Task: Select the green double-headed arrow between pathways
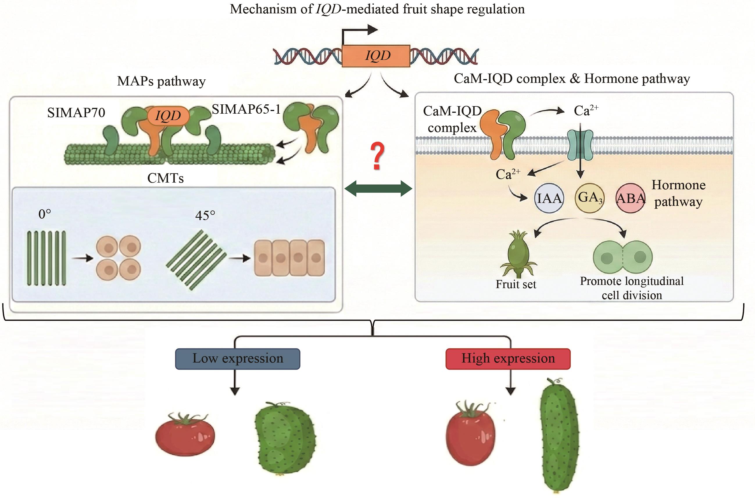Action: coord(378,189)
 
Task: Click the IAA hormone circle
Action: coord(549,199)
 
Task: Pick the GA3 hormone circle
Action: coord(590,198)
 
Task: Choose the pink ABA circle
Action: coord(631,198)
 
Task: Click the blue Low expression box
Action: coord(237,358)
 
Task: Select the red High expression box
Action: coord(508,358)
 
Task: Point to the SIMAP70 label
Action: coord(76,113)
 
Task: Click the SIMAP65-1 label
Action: coord(246,109)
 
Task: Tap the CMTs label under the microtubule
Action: coord(165,178)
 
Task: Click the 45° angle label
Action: coord(205,216)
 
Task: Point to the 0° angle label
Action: coord(44,214)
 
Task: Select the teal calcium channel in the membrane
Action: coord(580,145)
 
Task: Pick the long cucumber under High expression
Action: coord(559,435)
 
